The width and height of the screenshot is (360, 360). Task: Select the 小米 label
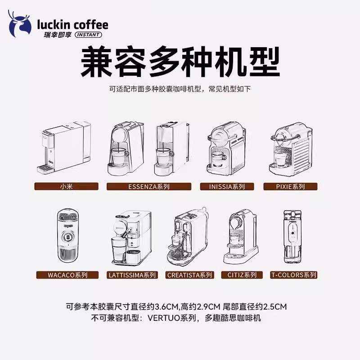66,186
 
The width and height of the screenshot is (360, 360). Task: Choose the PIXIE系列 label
290,186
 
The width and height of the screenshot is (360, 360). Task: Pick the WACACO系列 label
67,274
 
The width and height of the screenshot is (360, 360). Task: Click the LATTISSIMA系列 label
132,274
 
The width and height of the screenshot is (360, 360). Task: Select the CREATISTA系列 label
189,274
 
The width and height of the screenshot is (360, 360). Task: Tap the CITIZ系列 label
242,274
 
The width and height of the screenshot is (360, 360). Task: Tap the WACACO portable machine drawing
67,236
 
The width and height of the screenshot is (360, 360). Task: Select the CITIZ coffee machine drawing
242,236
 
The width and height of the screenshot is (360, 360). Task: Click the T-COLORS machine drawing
293,236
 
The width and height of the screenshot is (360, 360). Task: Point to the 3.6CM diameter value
166,307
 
